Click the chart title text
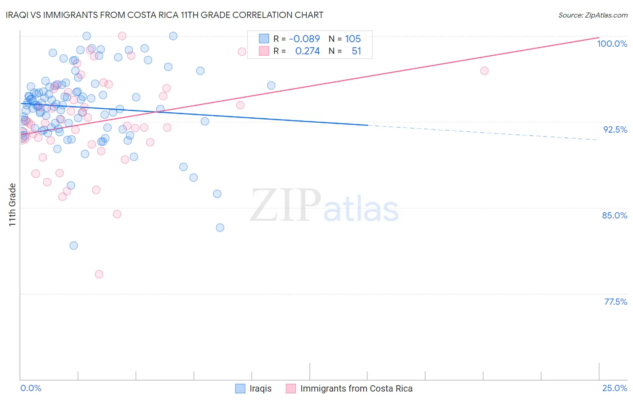[x=164, y=15]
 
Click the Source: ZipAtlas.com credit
[x=592, y=15]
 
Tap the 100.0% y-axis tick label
[x=612, y=44]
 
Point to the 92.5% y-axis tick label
[x=615, y=129]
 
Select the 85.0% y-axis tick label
[x=615, y=215]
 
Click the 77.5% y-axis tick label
[x=615, y=302]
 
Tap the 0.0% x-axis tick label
[x=31, y=388]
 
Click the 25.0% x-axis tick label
[x=615, y=388]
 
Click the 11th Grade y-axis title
[x=13, y=205]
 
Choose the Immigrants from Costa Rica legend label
[x=356, y=388]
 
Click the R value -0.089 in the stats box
[x=304, y=39]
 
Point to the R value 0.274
[x=307, y=51]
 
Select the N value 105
[x=353, y=39]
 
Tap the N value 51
[x=356, y=51]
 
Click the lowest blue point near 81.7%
[x=74, y=245]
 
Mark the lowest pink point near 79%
[x=99, y=274]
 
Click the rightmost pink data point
[x=484, y=71]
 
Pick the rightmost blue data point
[x=271, y=85]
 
